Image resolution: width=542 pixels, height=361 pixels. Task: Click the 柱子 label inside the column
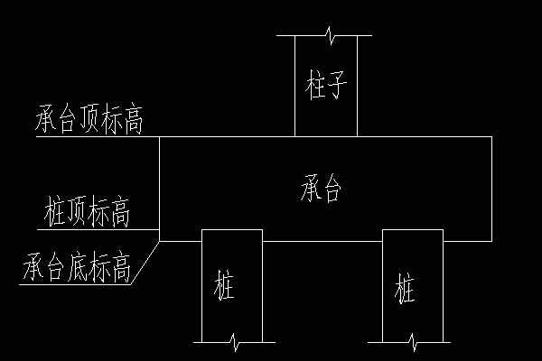[327, 88]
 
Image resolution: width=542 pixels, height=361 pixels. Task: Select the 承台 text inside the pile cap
[322, 190]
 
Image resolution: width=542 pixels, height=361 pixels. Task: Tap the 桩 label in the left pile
[225, 290]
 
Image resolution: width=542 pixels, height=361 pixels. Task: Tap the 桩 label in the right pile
[406, 291]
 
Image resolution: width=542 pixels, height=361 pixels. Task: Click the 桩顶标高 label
[88, 215]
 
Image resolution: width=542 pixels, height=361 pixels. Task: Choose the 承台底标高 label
[79, 268]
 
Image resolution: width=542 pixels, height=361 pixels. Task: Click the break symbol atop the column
[332, 36]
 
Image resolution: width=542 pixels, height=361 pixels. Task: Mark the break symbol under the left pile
[235, 341]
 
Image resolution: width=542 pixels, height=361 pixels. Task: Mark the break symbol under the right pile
[413, 341]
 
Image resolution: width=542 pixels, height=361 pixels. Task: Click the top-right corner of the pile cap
[491, 137]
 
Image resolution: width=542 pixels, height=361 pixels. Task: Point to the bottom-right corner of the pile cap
[491, 241]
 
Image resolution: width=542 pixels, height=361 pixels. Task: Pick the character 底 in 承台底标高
[78, 268]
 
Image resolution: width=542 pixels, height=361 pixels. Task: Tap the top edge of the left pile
[231, 230]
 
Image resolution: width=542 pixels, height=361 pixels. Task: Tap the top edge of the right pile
[412, 230]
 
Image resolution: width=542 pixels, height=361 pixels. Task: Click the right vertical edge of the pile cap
[491, 190]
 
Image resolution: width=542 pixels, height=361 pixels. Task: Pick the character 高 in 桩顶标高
[120, 215]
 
